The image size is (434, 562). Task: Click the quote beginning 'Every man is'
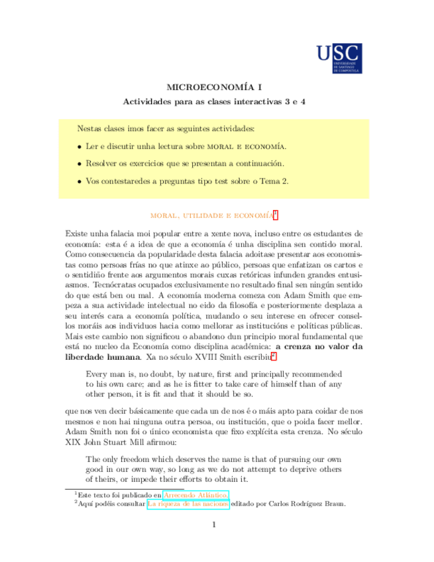tap(214, 382)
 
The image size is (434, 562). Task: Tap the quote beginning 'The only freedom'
tap(214, 469)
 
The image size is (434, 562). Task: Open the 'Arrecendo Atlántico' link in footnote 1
tap(195, 494)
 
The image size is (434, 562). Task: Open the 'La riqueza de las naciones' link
tap(188, 504)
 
